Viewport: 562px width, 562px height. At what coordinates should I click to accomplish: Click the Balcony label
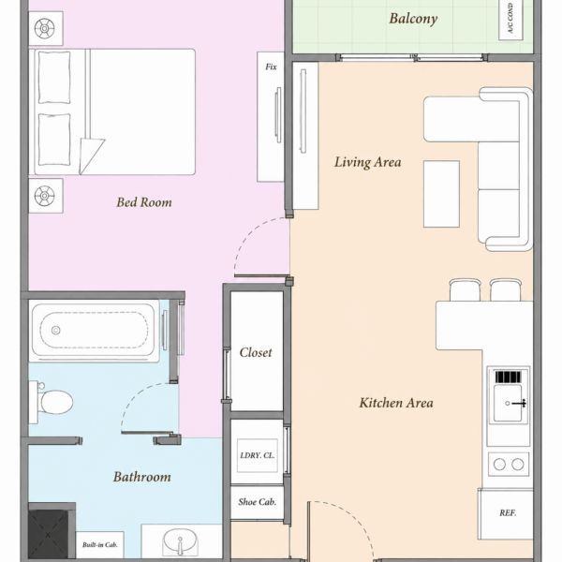tap(413, 19)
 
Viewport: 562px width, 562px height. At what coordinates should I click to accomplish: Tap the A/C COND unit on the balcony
tap(510, 20)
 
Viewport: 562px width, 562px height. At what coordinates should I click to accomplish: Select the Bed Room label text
tap(144, 202)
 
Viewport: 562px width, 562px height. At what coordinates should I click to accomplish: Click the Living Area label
tap(368, 162)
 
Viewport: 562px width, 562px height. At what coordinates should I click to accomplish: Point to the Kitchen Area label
tap(396, 403)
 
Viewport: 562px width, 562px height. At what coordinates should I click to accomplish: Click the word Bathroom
tap(142, 477)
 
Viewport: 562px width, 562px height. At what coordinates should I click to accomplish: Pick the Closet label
tap(256, 352)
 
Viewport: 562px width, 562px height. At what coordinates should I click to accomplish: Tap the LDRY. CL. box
tap(258, 455)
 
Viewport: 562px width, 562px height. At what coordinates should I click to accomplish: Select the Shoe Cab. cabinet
tap(258, 502)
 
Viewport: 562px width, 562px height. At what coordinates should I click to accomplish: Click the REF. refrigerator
tap(506, 513)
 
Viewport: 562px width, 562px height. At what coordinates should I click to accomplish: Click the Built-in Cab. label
tap(100, 545)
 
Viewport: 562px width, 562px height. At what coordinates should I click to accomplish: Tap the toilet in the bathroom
tap(52, 402)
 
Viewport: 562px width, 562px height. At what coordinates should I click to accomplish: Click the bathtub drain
tap(55, 330)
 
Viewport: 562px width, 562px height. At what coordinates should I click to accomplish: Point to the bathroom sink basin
tap(180, 542)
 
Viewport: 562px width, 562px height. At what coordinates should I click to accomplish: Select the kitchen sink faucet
tap(519, 403)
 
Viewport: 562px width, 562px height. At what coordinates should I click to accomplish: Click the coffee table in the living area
tap(441, 194)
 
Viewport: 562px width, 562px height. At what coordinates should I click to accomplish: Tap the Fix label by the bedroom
tap(271, 67)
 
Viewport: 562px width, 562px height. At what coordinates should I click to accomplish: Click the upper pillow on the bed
tap(54, 78)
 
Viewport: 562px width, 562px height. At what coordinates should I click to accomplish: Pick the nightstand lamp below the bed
tap(45, 196)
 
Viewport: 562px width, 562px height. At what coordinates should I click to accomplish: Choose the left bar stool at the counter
tap(465, 290)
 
